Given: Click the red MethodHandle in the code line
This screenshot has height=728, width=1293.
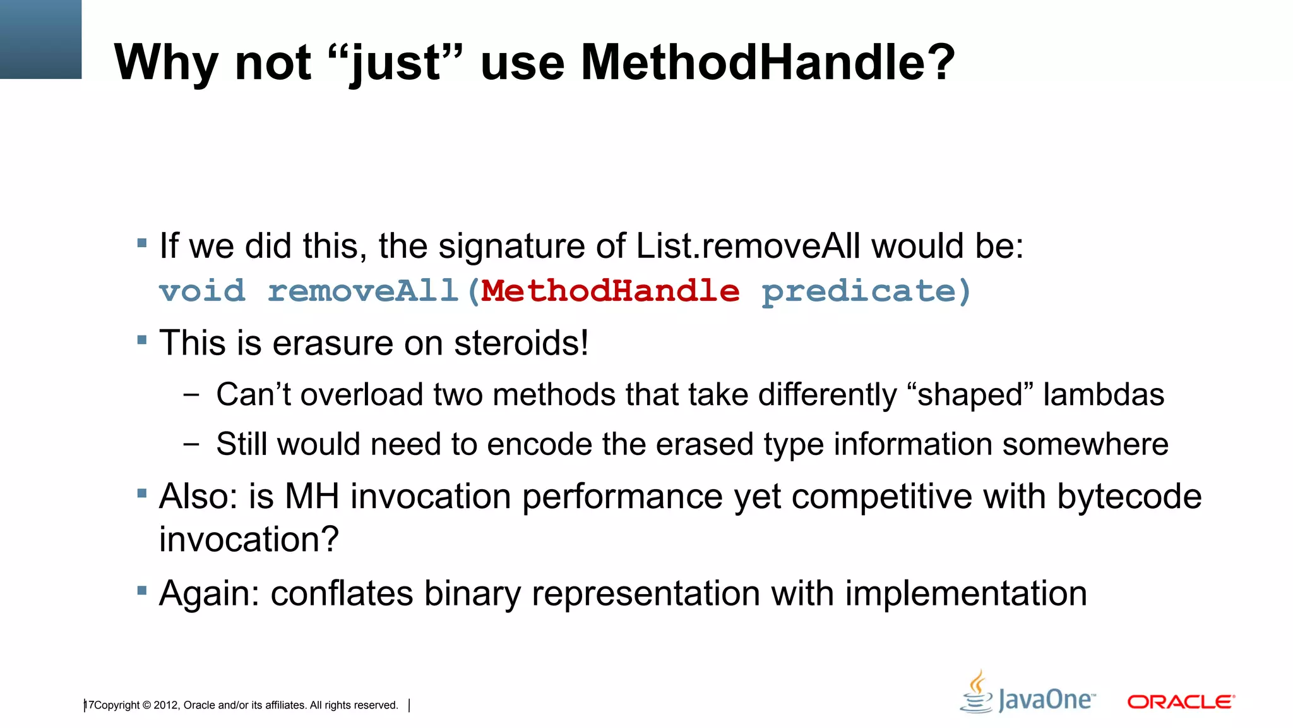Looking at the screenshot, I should pyautogui.click(x=610, y=291).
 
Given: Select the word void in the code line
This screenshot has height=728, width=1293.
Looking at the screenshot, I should pyautogui.click(x=202, y=291).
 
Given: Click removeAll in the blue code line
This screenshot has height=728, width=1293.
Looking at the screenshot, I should pyautogui.click(x=363, y=291).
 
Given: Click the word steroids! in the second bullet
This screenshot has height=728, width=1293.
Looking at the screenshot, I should pyautogui.click(x=521, y=343).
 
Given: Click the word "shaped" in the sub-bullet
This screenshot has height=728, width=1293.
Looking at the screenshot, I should pyautogui.click(x=969, y=395).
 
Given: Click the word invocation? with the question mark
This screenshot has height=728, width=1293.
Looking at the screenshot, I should pyautogui.click(x=249, y=539).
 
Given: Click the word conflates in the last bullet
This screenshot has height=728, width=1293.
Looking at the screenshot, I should pyautogui.click(x=341, y=593).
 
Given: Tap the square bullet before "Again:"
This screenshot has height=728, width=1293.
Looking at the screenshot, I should pyautogui.click(x=142, y=591).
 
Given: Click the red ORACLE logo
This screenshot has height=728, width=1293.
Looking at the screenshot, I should pyautogui.click(x=1181, y=702).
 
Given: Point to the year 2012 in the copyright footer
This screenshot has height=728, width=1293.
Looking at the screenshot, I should pyautogui.click(x=166, y=705).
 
